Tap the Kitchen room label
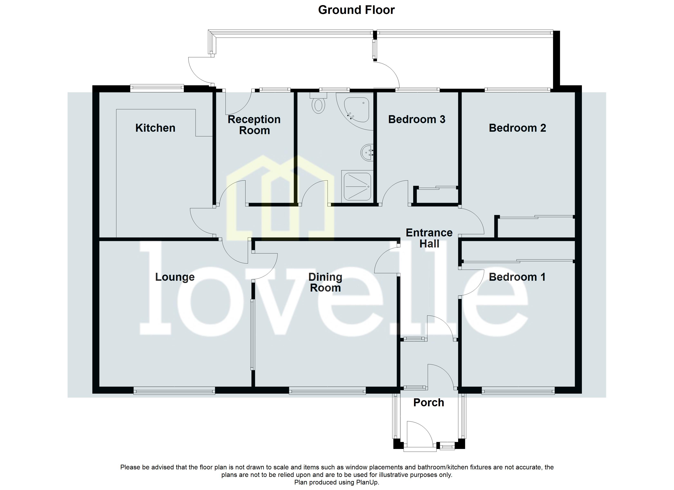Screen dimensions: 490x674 (x=155, y=128)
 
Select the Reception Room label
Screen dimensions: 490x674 (x=254, y=125)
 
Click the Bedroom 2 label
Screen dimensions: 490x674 (x=517, y=128)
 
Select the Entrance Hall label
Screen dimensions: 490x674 (x=429, y=238)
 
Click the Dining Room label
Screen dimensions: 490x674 (x=325, y=282)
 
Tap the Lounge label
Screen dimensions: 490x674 (x=175, y=277)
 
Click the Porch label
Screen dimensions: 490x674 (x=428, y=403)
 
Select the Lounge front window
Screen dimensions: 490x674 (x=174, y=390)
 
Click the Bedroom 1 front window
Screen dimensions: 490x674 (x=518, y=390)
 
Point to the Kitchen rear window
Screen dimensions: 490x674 (x=157, y=87)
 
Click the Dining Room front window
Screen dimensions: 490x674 (x=327, y=390)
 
